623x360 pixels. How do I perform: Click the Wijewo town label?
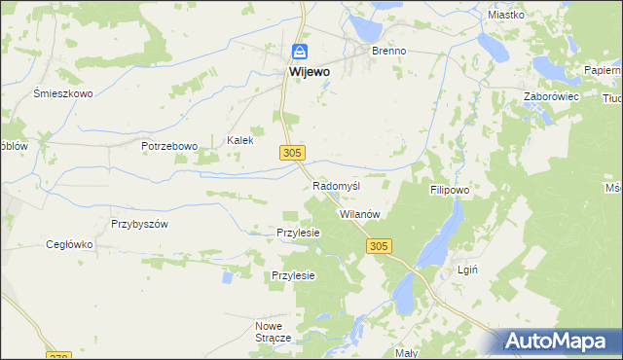308,72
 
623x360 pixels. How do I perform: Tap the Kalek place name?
240,140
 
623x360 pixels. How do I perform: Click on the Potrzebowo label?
169,146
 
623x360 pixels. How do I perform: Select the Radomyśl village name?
337,186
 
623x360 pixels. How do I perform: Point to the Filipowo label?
450,192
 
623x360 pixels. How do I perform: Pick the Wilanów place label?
358,214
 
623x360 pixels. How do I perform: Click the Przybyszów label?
140,223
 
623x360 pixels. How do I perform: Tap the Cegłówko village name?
69,245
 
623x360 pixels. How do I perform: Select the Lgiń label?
467,270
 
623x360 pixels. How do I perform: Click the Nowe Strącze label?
274,332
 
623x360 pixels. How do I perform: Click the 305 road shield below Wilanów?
380,247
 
